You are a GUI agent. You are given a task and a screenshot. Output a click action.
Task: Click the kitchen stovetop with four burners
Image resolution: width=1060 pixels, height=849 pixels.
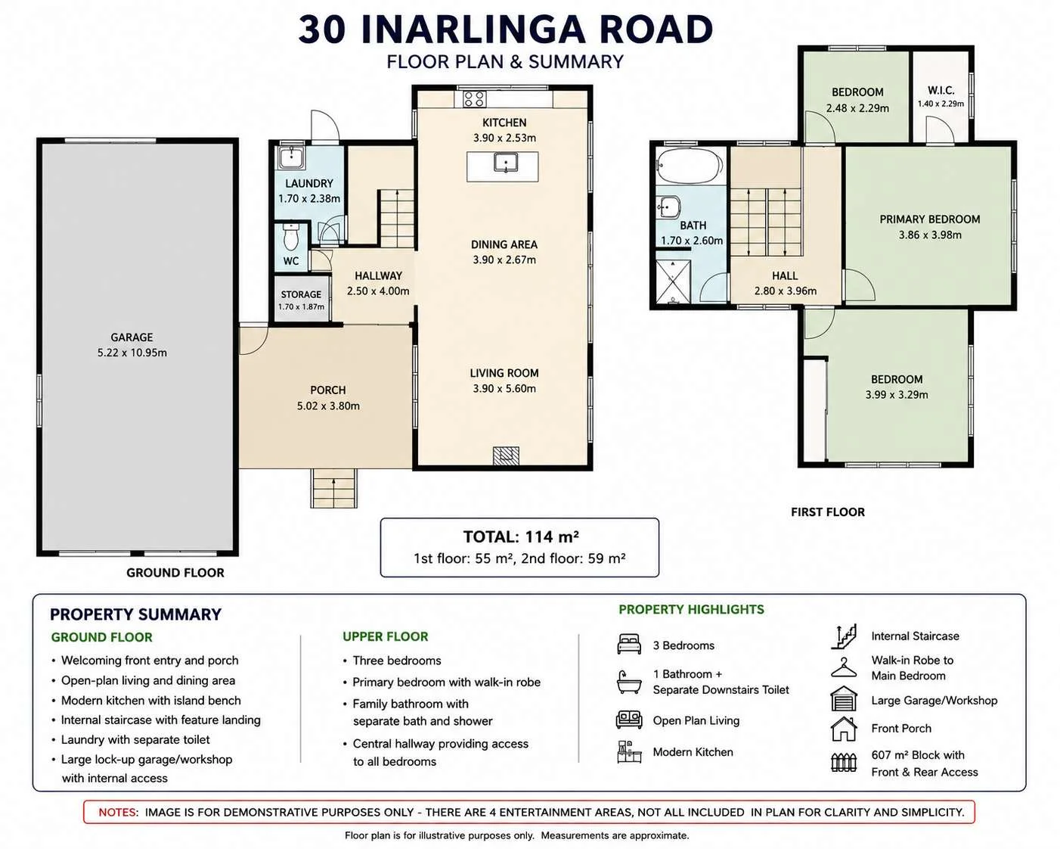[474, 98]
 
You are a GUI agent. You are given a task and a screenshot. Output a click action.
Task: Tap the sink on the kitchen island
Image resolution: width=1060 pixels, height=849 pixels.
[506, 162]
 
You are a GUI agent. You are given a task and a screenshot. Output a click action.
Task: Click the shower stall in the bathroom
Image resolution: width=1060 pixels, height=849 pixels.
[673, 281]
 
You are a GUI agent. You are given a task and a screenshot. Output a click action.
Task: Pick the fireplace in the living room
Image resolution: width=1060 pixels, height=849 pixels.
[506, 455]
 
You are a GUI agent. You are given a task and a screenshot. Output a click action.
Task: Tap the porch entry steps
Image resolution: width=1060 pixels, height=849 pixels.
[334, 488]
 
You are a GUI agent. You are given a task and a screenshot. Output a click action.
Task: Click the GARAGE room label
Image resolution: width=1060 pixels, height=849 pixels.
[132, 337]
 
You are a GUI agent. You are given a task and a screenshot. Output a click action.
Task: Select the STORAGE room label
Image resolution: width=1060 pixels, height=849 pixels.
[301, 294]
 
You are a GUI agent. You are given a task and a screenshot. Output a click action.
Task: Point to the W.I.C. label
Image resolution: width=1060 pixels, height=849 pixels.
[941, 90]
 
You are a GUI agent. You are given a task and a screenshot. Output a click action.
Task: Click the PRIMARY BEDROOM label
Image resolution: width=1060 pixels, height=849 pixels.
[929, 219]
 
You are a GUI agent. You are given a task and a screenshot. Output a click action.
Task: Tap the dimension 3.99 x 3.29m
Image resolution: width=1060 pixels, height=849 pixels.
[897, 394]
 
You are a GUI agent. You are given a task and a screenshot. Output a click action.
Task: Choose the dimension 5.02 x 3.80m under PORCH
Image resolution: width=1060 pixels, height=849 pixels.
[328, 406]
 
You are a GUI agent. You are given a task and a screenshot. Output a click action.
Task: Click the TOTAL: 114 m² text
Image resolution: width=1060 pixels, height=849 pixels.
[521, 536]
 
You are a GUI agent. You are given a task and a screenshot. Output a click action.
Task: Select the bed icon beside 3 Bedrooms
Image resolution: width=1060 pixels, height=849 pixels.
[629, 644]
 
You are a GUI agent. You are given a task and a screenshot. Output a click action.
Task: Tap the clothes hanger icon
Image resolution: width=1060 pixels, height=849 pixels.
[844, 667]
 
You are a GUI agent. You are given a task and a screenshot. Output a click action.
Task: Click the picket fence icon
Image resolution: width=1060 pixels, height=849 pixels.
[844, 762]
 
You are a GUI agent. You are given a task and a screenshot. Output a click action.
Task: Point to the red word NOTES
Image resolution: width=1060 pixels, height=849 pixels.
[118, 812]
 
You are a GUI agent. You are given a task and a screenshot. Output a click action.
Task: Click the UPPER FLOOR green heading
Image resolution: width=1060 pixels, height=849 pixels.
[385, 636]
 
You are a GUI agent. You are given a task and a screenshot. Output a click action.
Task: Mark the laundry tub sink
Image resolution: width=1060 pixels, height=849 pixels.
[292, 157]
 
